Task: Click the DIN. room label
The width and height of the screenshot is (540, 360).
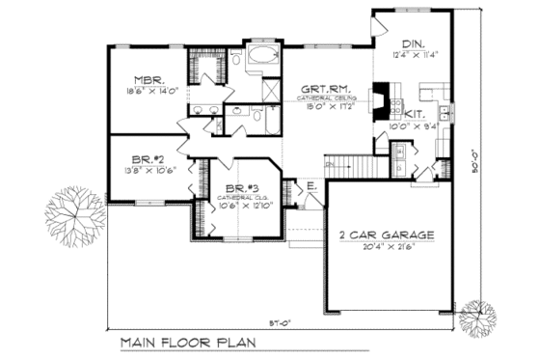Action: pos(413,44)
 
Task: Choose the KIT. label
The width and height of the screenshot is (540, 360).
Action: pos(415,114)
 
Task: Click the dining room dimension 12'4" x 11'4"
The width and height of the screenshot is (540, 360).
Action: pos(417,55)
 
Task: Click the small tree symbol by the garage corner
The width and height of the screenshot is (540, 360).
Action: pos(475,316)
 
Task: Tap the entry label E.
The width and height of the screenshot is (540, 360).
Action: pos(312,185)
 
